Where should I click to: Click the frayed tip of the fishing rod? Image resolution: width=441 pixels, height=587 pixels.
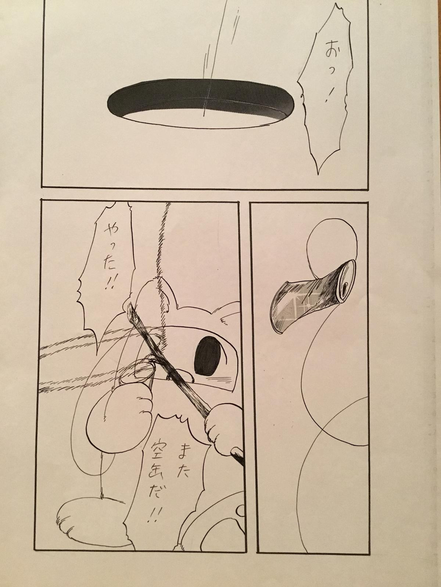click(x=131, y=307)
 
